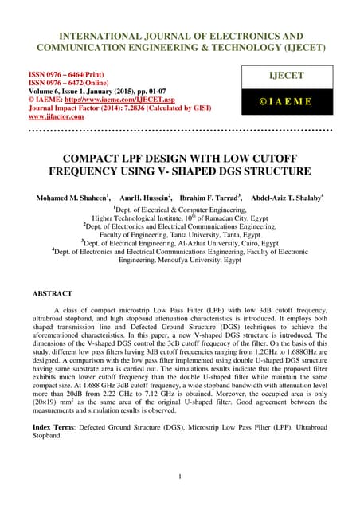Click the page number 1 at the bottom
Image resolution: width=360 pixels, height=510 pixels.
(x=181, y=477)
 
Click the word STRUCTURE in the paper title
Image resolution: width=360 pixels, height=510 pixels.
(x=268, y=170)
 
